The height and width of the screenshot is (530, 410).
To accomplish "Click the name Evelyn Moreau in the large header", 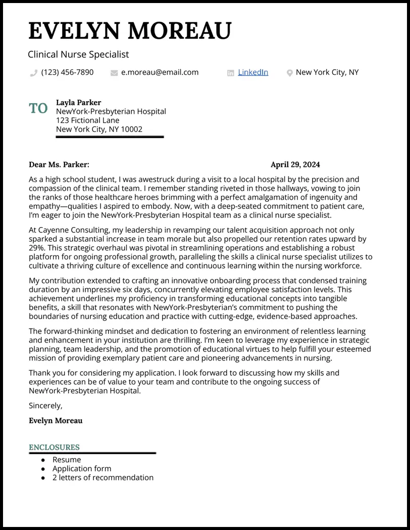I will [130, 31].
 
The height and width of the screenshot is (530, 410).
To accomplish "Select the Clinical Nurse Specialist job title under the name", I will [78, 54].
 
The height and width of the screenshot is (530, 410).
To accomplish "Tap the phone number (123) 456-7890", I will [67, 72].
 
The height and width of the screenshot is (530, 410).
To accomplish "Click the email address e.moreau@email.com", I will [160, 72].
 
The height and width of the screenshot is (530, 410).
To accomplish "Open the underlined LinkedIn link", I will [252, 72].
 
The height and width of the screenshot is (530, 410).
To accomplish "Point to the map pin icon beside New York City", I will [289, 73].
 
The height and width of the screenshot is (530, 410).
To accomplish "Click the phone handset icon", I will [34, 73].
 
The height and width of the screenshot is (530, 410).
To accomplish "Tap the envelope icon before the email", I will [114, 73].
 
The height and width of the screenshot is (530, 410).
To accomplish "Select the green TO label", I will [38, 108].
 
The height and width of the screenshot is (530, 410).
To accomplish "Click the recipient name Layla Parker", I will [78, 103].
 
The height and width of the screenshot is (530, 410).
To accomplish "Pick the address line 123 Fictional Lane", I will [87, 120].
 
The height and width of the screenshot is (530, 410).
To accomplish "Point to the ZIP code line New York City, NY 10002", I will [99, 129].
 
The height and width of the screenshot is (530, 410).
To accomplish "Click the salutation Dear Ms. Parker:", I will [59, 164].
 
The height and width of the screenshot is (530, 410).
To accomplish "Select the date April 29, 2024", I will [295, 164].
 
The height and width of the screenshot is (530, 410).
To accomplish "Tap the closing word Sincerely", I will [45, 406].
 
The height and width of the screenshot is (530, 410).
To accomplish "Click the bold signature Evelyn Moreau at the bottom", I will [56, 420].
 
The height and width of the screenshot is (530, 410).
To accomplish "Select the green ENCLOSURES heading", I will [54, 447].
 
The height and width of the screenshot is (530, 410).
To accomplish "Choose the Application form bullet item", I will [81, 468].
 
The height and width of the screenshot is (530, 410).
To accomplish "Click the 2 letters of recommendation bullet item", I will [102, 477].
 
